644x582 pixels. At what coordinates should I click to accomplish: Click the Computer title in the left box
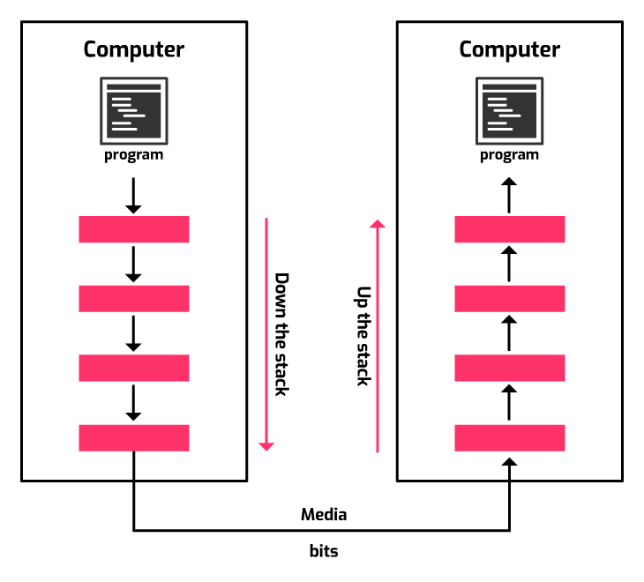tap(133, 49)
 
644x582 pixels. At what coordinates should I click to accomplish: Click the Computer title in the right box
tap(509, 49)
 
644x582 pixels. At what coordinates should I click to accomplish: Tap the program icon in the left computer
tap(133, 111)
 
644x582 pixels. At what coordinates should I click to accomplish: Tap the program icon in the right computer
tap(509, 111)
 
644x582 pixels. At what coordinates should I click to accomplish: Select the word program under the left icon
tap(133, 155)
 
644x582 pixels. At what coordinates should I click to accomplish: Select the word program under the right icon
tap(509, 155)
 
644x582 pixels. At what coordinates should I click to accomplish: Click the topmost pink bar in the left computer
tap(133, 229)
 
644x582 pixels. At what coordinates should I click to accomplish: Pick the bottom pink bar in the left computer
tap(133, 437)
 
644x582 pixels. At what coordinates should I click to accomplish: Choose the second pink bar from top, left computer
tap(133, 298)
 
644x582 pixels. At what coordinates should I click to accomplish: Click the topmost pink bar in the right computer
tap(509, 229)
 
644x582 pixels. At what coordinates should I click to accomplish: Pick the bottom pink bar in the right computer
tap(509, 437)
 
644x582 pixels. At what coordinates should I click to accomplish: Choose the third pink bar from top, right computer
tap(509, 368)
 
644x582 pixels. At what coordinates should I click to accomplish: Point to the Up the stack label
tap(363, 335)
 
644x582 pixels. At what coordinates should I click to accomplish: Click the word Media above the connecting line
tap(324, 514)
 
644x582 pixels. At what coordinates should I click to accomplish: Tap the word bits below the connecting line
tap(324, 551)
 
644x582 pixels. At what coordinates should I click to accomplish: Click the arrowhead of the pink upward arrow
tap(378, 224)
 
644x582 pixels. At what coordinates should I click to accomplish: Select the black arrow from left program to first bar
tap(133, 196)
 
